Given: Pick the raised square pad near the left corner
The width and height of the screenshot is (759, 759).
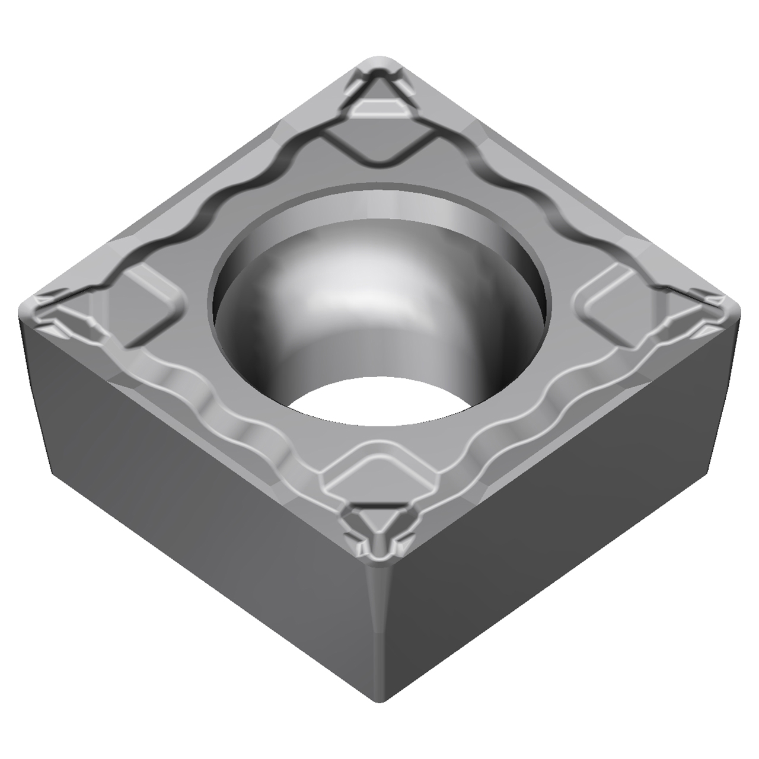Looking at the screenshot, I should coord(145,302).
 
